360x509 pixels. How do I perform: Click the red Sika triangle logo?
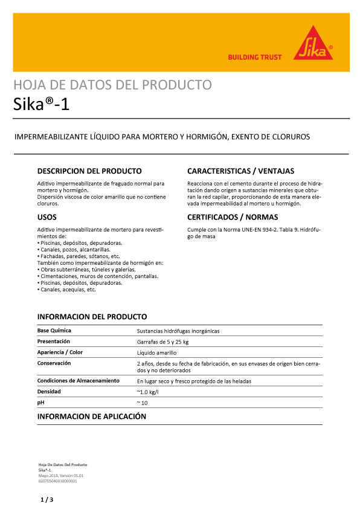point(313,44)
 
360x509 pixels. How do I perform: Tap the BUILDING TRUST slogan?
point(254,57)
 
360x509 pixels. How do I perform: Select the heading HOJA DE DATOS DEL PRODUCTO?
point(112,85)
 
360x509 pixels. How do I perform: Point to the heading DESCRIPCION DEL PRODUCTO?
point(89,171)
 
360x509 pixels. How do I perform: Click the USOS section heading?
point(48,216)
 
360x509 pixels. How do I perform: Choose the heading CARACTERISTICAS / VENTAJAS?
point(240,171)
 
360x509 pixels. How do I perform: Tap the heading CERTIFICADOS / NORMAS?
point(233,216)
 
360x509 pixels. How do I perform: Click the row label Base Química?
point(54,331)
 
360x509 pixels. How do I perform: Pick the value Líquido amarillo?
point(157,352)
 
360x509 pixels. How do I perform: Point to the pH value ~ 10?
point(143,403)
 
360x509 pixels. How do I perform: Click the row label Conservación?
point(54,363)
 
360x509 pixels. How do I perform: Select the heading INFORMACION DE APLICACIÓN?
point(92,417)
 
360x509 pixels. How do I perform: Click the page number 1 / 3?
point(47,500)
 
